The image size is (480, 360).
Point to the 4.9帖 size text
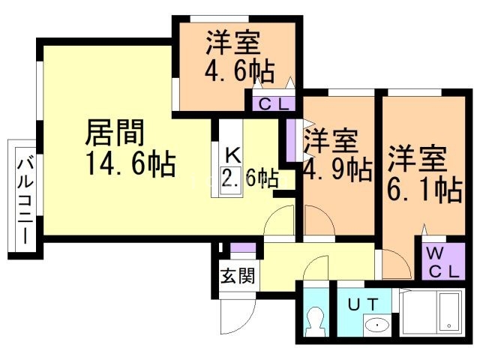click(x=337, y=169)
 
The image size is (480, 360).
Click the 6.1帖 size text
click(x=424, y=190)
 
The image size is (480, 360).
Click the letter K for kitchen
click(x=232, y=157)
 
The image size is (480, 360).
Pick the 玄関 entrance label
click(x=237, y=275)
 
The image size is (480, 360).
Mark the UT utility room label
click(x=367, y=303)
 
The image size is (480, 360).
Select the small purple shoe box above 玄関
click(x=238, y=249)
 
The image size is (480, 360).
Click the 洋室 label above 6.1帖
click(x=417, y=159)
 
